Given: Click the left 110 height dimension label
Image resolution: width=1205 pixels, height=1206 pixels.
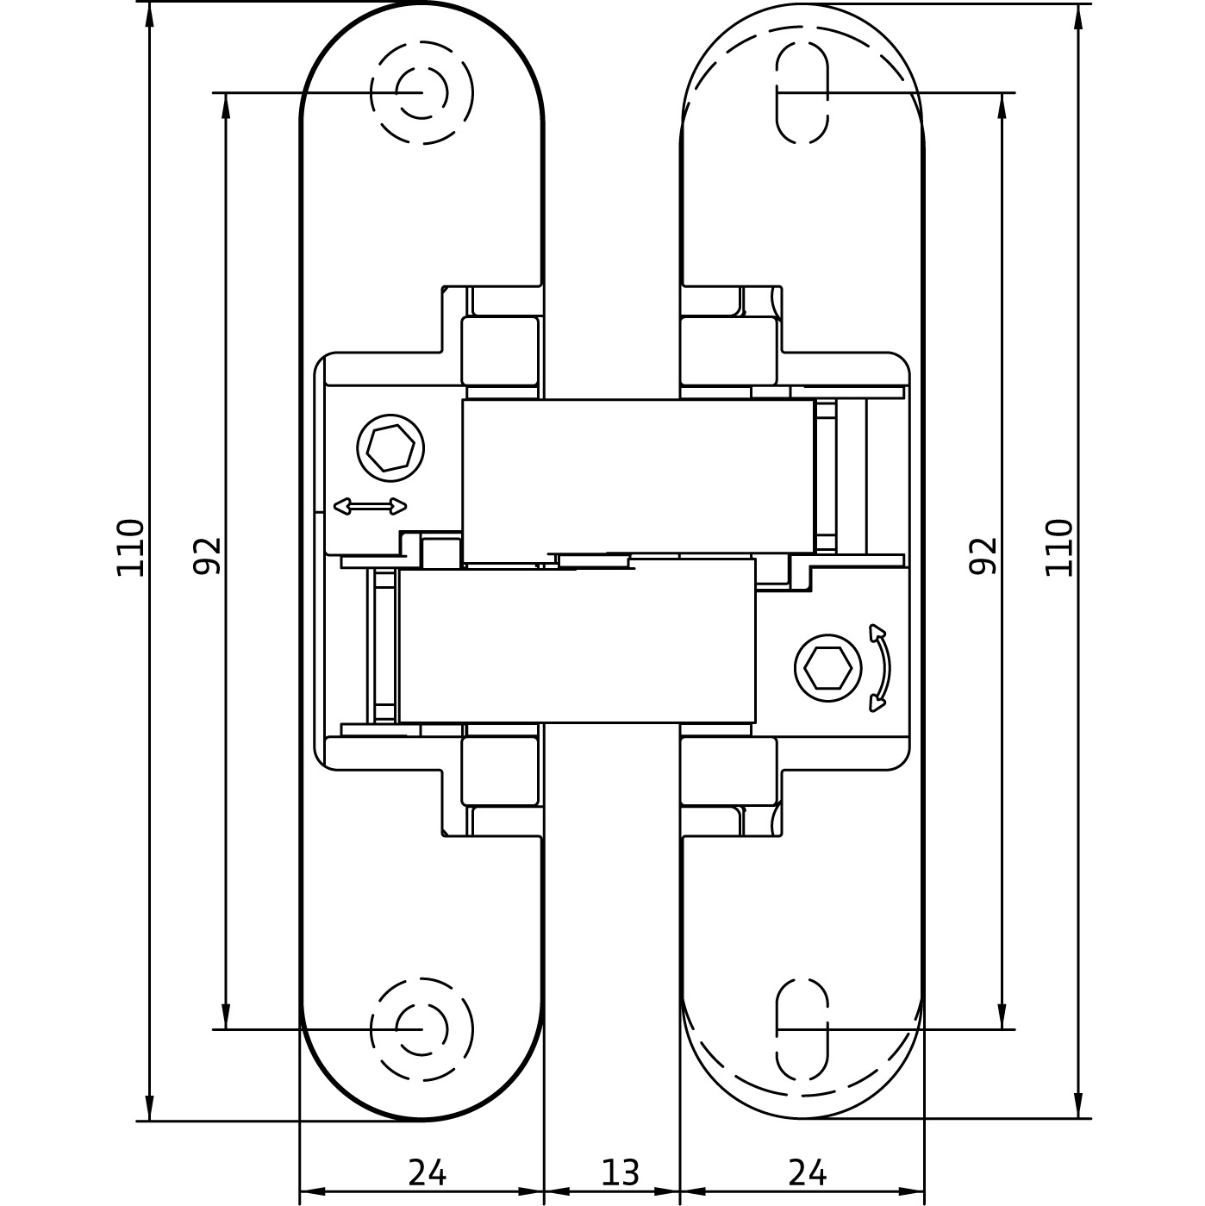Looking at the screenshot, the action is point(131,547).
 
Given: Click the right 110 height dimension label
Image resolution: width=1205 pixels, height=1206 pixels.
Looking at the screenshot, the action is point(1058,547).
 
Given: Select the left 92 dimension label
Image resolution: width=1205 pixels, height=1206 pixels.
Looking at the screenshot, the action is point(207,556).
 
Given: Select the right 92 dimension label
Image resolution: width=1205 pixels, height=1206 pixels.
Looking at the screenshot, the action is point(982,556).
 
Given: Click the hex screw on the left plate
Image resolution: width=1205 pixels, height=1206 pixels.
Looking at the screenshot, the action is point(390,448).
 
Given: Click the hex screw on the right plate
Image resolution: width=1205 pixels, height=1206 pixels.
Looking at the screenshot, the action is point(827,668).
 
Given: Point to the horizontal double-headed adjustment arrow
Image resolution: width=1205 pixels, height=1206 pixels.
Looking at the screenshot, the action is point(370,506).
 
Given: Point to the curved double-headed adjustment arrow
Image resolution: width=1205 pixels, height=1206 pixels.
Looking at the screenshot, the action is point(882,667).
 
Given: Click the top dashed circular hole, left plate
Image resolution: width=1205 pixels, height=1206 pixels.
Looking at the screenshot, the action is point(421,92).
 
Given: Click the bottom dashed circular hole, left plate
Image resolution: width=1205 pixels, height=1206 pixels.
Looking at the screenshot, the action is point(421,1029).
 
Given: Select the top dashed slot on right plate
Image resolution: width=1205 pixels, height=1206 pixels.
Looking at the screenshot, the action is point(802,92).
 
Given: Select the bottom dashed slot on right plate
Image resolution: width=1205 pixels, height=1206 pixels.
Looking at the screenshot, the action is point(802,1029).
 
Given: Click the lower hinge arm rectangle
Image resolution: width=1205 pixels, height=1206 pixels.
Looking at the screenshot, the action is point(578,640).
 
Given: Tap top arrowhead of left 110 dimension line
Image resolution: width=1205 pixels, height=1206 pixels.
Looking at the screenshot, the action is point(149,15).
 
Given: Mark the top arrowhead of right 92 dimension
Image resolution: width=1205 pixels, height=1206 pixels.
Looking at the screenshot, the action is point(1001,105).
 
